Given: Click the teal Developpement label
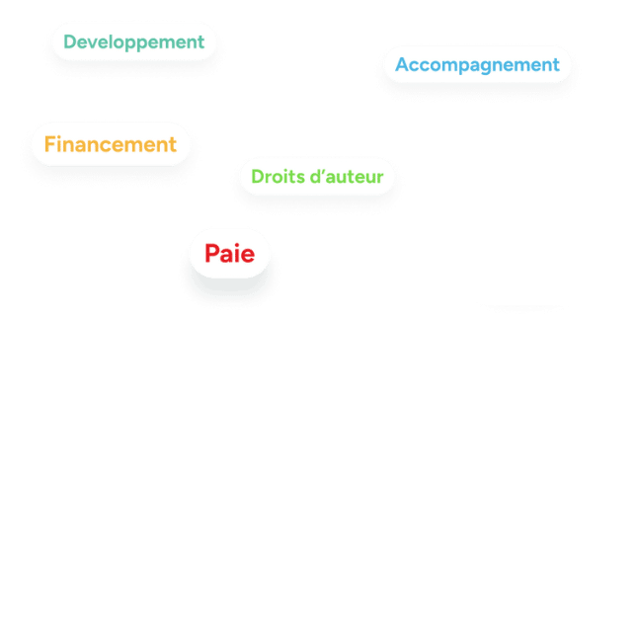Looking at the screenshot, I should pos(133,42).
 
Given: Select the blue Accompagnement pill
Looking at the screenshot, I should pos(477,65).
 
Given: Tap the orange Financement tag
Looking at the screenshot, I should pos(110,144).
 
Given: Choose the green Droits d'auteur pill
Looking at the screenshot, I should pos(316,177).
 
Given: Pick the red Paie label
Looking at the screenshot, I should pos(229,254).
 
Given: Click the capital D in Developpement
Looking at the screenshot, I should pos(70,42).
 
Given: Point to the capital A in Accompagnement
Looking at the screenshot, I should pos(402,65).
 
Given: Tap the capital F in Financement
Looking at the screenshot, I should pos(49,144).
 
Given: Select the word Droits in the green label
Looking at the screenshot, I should pos(275,177).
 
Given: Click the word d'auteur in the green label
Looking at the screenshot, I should pos(346,177).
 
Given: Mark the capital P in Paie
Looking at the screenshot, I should pos(212,254).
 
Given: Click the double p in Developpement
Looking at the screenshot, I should pos(139,44).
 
